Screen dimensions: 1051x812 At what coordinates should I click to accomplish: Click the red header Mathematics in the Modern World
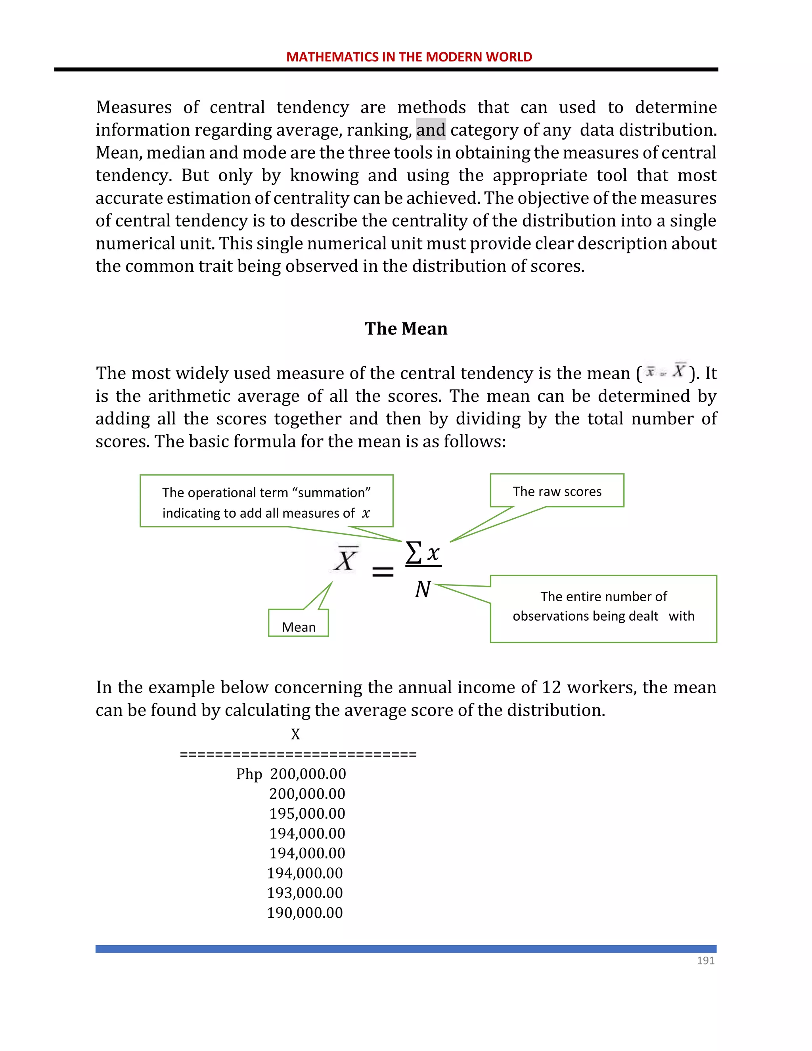coord(409,57)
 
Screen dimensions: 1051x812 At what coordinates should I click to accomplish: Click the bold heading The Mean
coord(406,329)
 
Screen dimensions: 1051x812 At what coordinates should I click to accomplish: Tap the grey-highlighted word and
coord(431,130)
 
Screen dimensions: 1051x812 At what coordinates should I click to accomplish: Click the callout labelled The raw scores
coord(557,491)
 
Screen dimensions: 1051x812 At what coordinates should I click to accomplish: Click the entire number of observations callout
coord(603,607)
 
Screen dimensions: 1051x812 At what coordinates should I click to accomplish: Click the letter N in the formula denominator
coord(422,589)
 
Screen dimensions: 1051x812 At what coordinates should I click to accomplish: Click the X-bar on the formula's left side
coord(346,559)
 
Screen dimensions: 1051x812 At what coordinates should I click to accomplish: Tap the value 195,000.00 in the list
coord(307,814)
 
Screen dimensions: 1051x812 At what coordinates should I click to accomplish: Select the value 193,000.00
coord(304,893)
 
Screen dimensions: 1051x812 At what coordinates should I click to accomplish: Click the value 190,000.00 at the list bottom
coord(304,913)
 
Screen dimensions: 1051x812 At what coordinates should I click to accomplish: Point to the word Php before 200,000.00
coord(249,774)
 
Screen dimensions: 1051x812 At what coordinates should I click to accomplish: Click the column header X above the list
coord(295,735)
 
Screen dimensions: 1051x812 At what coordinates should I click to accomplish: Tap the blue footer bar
coord(406,949)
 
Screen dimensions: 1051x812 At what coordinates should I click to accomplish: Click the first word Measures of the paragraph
coord(134,107)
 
